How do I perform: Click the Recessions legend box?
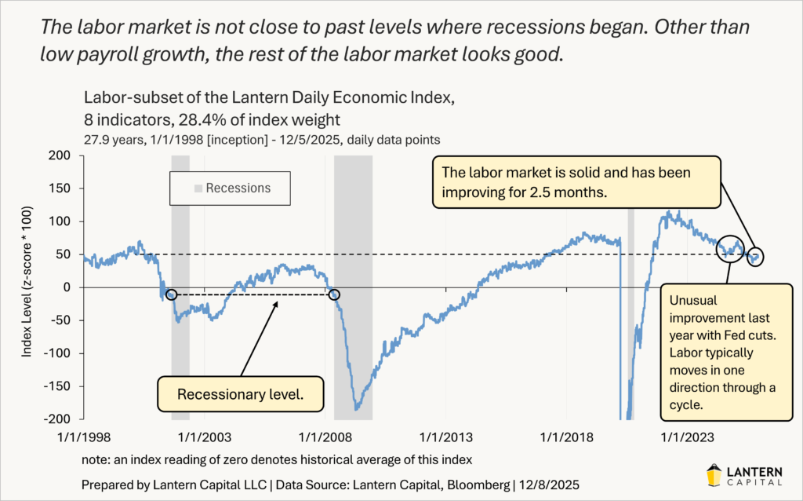(x=231, y=188)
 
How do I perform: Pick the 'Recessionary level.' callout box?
(x=240, y=394)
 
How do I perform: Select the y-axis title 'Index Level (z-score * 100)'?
(x=27, y=287)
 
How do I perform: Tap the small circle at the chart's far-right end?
(x=756, y=256)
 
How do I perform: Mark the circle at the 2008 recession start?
(x=335, y=294)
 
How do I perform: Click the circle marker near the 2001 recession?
(x=172, y=294)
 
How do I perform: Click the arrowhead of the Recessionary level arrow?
(x=278, y=302)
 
